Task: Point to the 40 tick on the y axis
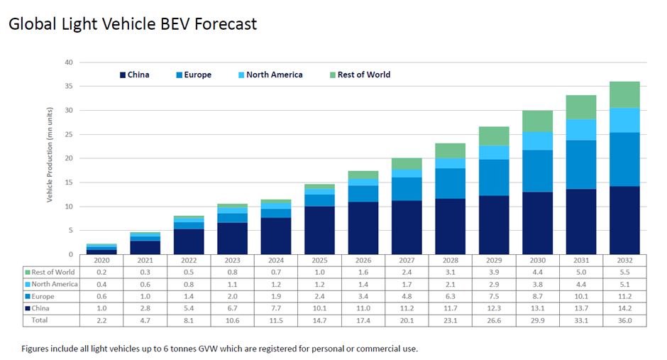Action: click(69, 62)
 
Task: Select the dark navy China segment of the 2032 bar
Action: click(624, 220)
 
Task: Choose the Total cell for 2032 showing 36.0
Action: click(624, 320)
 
